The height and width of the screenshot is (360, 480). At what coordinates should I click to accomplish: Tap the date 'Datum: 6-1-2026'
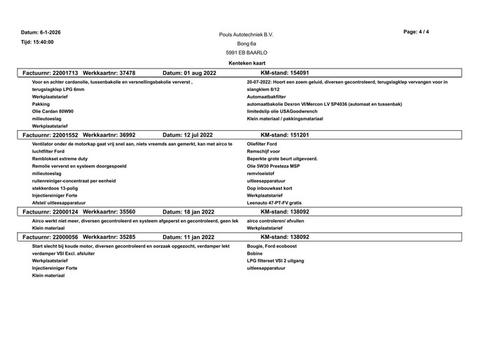(41, 32)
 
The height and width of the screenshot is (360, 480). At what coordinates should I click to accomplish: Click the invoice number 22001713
(64, 72)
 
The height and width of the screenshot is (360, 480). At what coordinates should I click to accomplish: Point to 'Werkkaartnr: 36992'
(109, 134)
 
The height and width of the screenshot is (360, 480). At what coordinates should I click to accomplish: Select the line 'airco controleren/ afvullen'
(276, 221)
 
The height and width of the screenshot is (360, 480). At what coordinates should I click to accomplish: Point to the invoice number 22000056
(64, 237)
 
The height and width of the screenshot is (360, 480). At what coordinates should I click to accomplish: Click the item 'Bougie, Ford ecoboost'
(273, 247)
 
